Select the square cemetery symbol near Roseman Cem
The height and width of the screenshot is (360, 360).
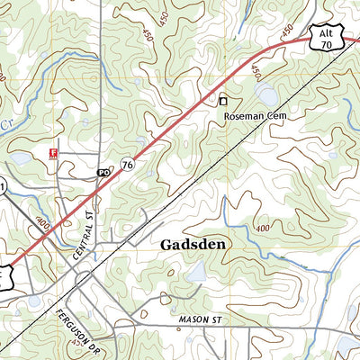tap(224, 102)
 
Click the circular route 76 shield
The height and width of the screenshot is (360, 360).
tap(127, 164)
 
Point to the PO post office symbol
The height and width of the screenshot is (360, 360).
tap(103, 172)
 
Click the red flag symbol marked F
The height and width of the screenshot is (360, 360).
tap(54, 154)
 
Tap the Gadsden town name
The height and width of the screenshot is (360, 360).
tap(193, 244)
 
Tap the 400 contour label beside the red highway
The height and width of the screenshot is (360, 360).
tap(42, 220)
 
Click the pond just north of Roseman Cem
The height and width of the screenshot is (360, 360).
tap(266, 92)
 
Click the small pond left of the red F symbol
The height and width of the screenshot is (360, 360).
tap(20, 159)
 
